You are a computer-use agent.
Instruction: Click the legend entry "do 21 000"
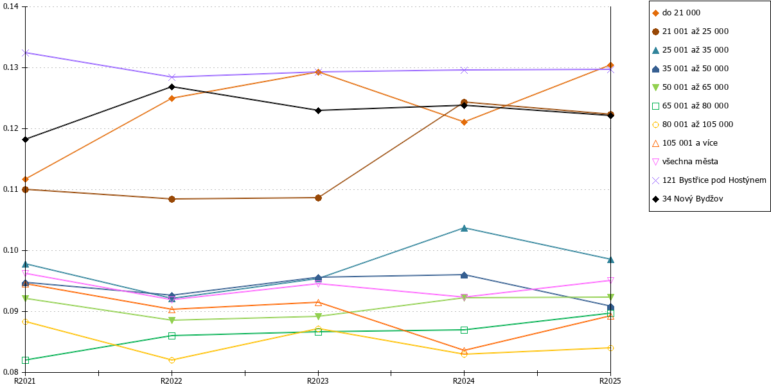[676, 13]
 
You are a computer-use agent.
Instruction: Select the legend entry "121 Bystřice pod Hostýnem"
[709, 180]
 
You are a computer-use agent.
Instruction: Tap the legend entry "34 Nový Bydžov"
[687, 199]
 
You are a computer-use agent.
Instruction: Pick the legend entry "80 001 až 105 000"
[693, 124]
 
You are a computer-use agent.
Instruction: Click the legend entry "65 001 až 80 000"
[690, 106]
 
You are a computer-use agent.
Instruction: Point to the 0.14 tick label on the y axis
[11, 6]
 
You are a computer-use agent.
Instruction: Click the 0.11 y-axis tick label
[11, 189]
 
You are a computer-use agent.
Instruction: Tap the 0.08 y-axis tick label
[11, 372]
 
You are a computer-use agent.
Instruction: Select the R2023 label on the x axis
[318, 381]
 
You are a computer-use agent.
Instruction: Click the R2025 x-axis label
[610, 381]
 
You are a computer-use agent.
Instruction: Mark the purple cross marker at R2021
[26, 53]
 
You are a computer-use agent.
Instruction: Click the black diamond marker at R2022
[172, 87]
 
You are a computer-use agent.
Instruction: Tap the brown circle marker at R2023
[319, 198]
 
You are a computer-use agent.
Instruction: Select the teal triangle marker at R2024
[465, 228]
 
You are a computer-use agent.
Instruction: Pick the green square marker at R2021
[26, 360]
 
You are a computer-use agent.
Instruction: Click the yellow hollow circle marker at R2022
[172, 360]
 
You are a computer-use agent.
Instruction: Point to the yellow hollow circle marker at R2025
[610, 348]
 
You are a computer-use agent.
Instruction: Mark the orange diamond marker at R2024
[465, 123]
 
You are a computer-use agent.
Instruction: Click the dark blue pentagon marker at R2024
[465, 275]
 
